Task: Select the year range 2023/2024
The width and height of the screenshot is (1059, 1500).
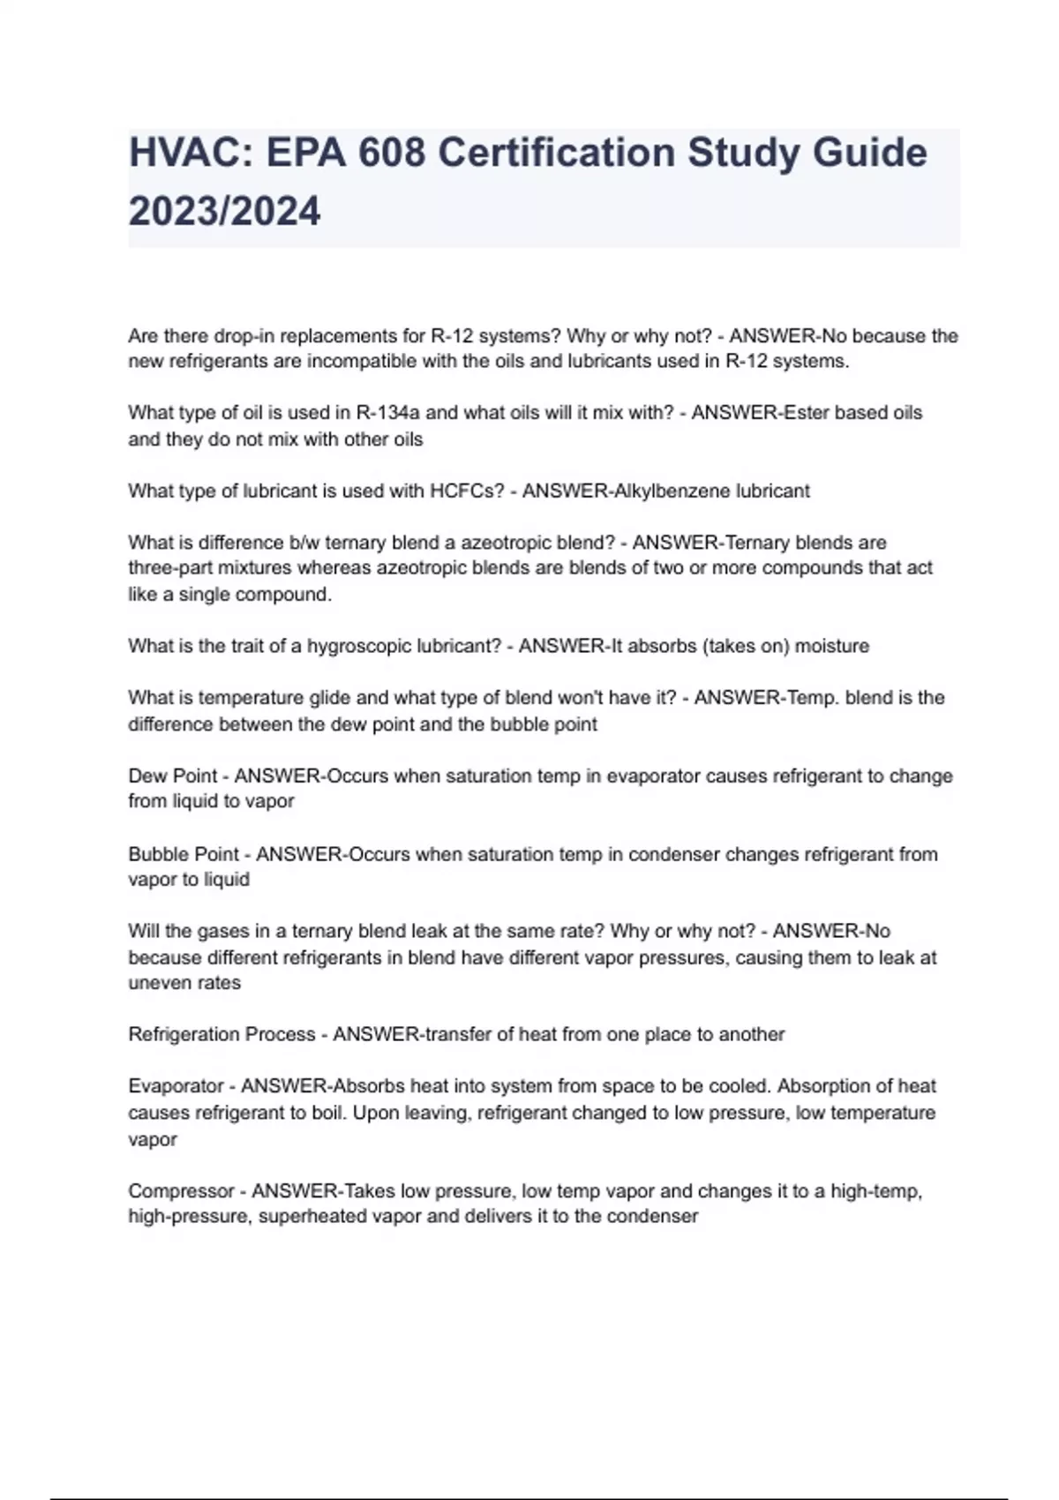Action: (x=224, y=212)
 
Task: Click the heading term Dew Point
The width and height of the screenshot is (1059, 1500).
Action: (x=172, y=776)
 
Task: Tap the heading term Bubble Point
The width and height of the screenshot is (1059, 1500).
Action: (x=184, y=854)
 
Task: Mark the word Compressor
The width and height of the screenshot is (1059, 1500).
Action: (x=181, y=1191)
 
